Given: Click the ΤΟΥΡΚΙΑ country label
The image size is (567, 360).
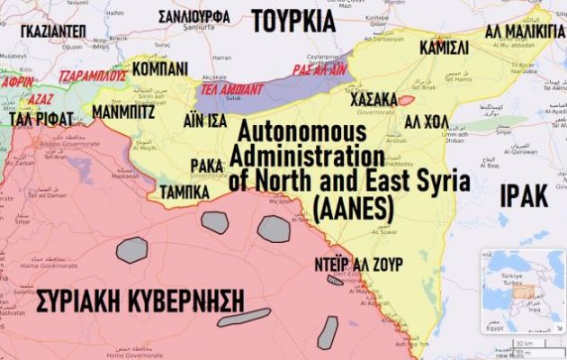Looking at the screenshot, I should tap(292, 20).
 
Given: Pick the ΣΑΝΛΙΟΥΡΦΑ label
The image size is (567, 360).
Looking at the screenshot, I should tap(193, 17).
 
